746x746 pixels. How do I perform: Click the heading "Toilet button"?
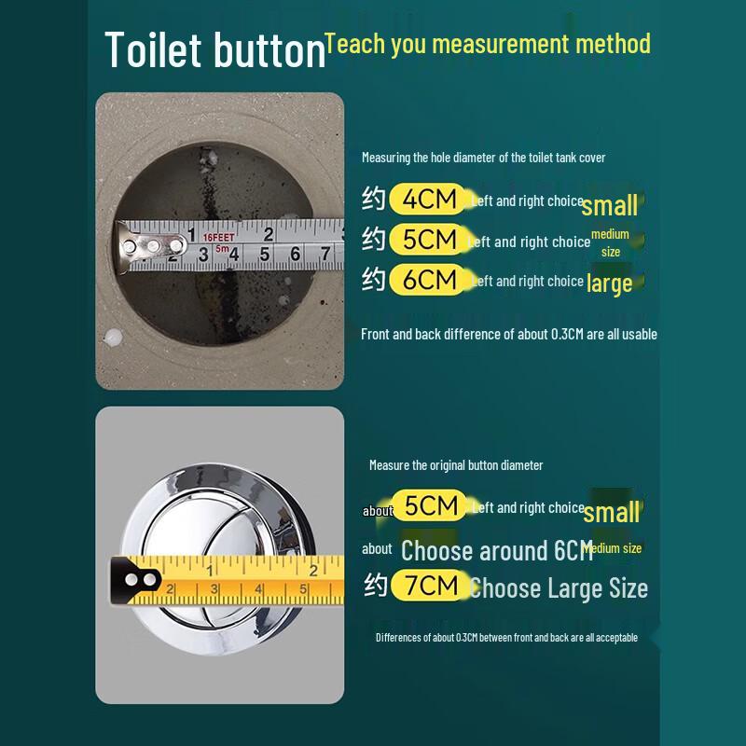click(x=214, y=50)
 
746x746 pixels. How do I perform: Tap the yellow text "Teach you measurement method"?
click(x=487, y=44)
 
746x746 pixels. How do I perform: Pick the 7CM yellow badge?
click(x=425, y=587)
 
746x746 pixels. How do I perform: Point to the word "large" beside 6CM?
click(x=610, y=283)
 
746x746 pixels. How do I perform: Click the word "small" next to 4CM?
click(x=610, y=205)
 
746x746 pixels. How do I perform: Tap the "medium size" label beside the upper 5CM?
click(x=611, y=242)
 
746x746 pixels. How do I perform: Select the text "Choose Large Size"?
click(x=559, y=588)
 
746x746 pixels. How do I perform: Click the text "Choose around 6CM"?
click(x=496, y=550)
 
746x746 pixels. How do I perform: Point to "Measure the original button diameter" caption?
click(x=456, y=465)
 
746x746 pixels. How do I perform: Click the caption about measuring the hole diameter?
click(x=483, y=158)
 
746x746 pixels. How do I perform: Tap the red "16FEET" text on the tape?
click(x=219, y=237)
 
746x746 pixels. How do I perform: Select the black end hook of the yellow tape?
click(x=136, y=580)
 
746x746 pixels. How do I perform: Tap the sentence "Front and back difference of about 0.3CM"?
click(x=508, y=334)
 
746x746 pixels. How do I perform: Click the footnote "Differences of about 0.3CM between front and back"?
click(x=506, y=638)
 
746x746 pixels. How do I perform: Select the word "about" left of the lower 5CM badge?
click(x=378, y=510)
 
